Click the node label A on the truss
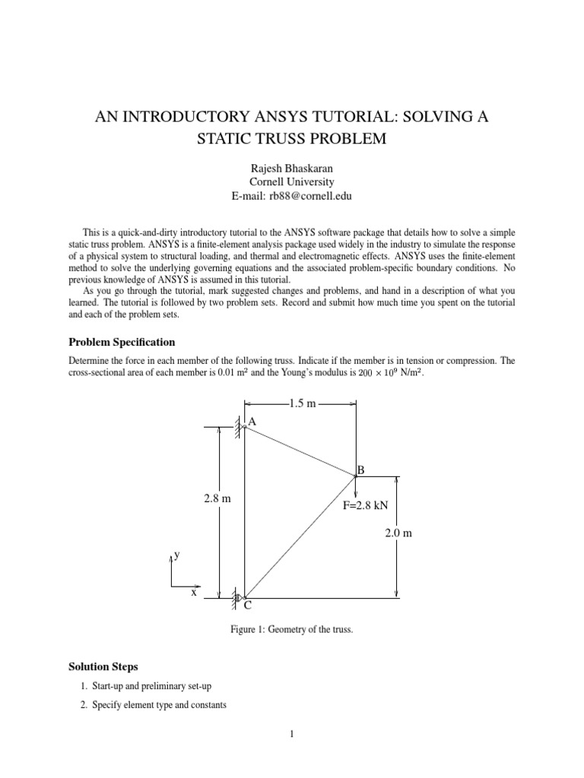click(x=252, y=421)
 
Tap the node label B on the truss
click(x=361, y=470)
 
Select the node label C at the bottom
click(x=247, y=607)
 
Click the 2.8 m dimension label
click(x=217, y=499)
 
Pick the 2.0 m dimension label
click(x=398, y=533)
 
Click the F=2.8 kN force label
click(x=366, y=504)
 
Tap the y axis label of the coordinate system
click(x=177, y=555)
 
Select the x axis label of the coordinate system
click(x=194, y=592)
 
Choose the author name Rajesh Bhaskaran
click(x=292, y=167)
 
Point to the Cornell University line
click(x=292, y=182)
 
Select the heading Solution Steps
click(x=103, y=666)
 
